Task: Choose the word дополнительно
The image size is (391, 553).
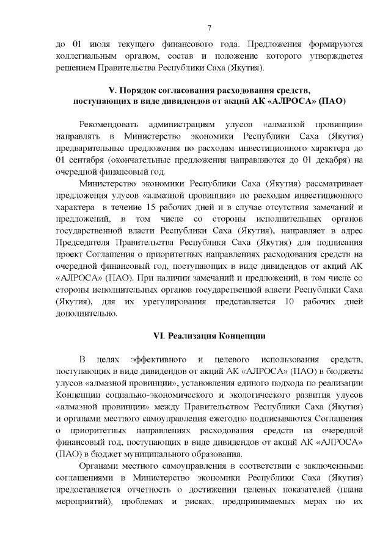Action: point(86,313)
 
